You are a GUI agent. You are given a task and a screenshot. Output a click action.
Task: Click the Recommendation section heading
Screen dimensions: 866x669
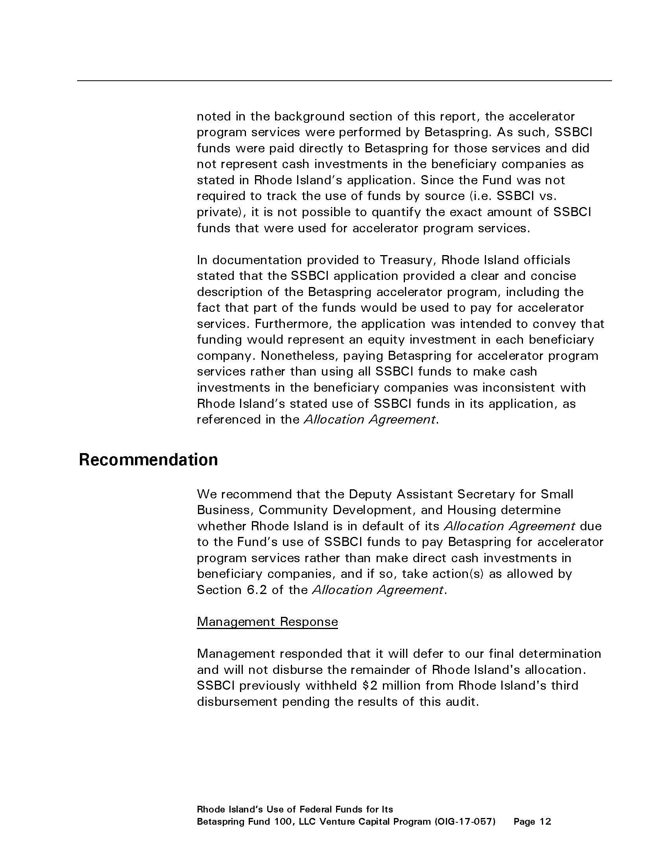point(148,460)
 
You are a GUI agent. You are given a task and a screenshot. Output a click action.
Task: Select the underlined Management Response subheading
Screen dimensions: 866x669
point(267,621)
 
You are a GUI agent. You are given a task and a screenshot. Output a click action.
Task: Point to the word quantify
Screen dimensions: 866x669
point(391,213)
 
